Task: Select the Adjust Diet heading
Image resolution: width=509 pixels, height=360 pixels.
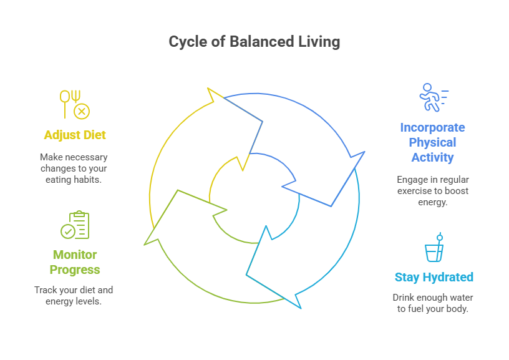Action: click(x=75, y=135)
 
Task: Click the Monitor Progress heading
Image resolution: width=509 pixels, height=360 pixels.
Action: click(x=75, y=262)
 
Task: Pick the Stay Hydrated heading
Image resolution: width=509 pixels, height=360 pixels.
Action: click(x=434, y=277)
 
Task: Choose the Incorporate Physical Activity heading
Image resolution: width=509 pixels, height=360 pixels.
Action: click(x=432, y=142)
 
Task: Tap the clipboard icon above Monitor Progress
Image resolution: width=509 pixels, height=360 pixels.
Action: click(x=75, y=225)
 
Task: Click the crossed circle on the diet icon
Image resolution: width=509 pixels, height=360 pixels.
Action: click(x=82, y=112)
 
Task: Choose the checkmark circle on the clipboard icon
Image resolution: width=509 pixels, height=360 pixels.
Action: click(x=67, y=232)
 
